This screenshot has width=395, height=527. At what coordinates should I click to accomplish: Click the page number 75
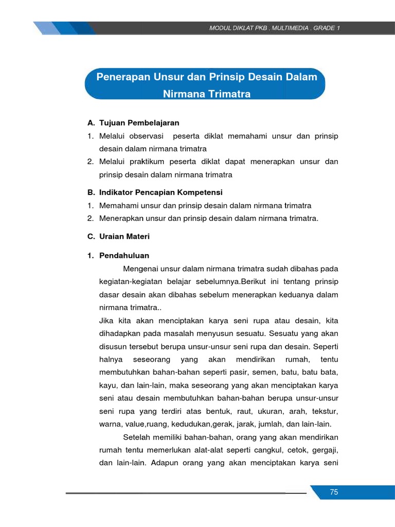tap(334, 493)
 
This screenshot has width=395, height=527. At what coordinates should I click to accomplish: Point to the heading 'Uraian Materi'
tap(124, 237)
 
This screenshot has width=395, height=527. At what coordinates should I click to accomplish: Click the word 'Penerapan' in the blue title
tap(122, 77)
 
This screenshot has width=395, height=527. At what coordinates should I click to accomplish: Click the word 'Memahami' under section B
tap(116, 205)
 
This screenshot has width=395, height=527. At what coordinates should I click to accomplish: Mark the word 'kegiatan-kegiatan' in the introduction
tap(128, 282)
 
